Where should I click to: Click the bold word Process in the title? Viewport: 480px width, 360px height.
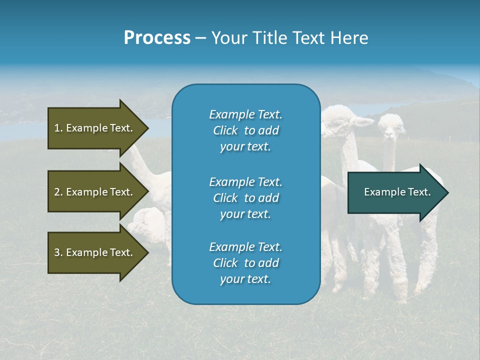157,38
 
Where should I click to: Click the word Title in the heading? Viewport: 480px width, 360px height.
271,38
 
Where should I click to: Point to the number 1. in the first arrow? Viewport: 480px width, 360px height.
58,128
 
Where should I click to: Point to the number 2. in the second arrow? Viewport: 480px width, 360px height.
58,192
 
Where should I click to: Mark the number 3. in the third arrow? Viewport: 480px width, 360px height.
58,252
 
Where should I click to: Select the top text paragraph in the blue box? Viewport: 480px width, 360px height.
245,130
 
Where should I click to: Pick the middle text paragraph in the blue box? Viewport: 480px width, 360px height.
245,198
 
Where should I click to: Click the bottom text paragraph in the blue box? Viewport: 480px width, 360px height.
245,263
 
